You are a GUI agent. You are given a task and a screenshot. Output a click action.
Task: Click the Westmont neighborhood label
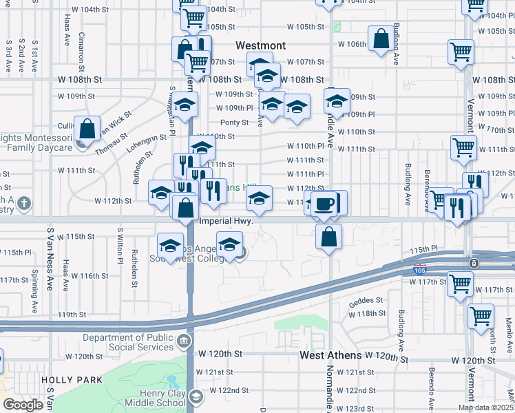click(260, 45)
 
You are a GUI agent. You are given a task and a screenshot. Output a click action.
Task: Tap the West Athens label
click(330, 356)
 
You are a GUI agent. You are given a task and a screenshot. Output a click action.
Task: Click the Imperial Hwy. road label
click(227, 222)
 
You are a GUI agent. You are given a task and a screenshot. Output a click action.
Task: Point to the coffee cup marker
click(324, 204)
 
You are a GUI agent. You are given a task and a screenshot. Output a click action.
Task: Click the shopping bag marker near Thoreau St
click(87, 128)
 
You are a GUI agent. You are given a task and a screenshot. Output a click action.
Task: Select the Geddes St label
click(365, 300)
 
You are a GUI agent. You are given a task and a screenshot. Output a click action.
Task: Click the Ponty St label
click(234, 123)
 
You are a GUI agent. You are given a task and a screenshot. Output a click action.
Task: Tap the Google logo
click(23, 405)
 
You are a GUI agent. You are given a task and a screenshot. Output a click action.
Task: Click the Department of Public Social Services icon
click(183, 341)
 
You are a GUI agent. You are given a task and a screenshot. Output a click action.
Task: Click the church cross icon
click(24, 203)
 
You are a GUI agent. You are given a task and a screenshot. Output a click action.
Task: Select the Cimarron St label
click(82, 48)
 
